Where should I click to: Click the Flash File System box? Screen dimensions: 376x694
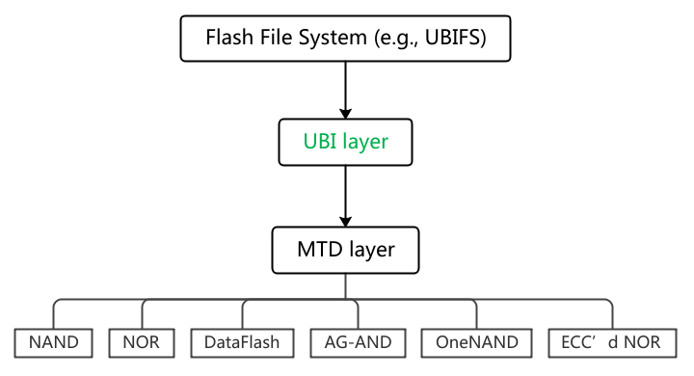[x=344, y=40]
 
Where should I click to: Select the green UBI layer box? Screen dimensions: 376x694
[x=346, y=142]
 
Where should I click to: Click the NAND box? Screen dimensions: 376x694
[x=54, y=341]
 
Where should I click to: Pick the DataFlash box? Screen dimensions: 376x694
[x=241, y=341]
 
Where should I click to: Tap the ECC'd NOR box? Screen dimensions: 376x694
[x=611, y=341]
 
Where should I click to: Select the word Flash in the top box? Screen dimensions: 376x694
[x=228, y=40]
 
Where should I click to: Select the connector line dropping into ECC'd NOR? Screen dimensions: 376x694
[x=612, y=314]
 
